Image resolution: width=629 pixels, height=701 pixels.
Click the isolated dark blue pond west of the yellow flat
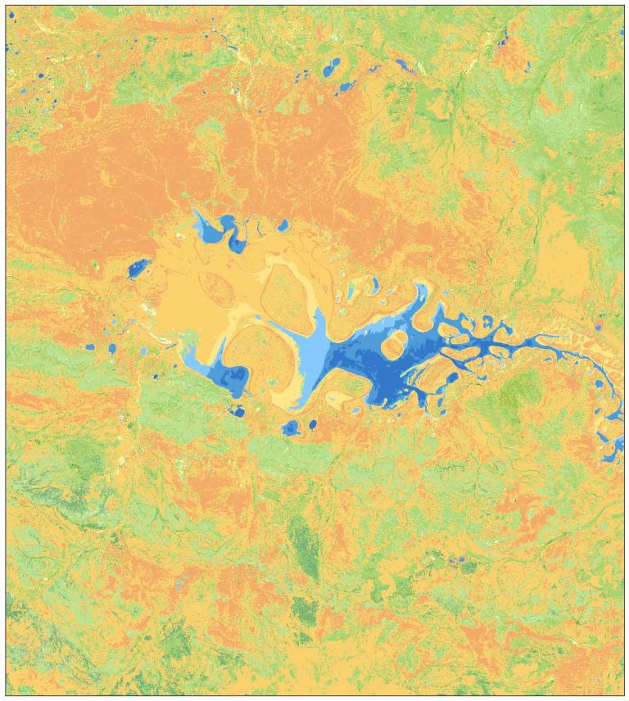coord(138,269)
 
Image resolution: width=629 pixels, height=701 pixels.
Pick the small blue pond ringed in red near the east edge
coord(599,325)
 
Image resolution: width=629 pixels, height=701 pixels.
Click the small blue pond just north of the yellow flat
coord(283,224)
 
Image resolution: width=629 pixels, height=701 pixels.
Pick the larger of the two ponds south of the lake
coord(291,427)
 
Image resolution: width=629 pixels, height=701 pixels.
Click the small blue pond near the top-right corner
coord(503,37)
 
